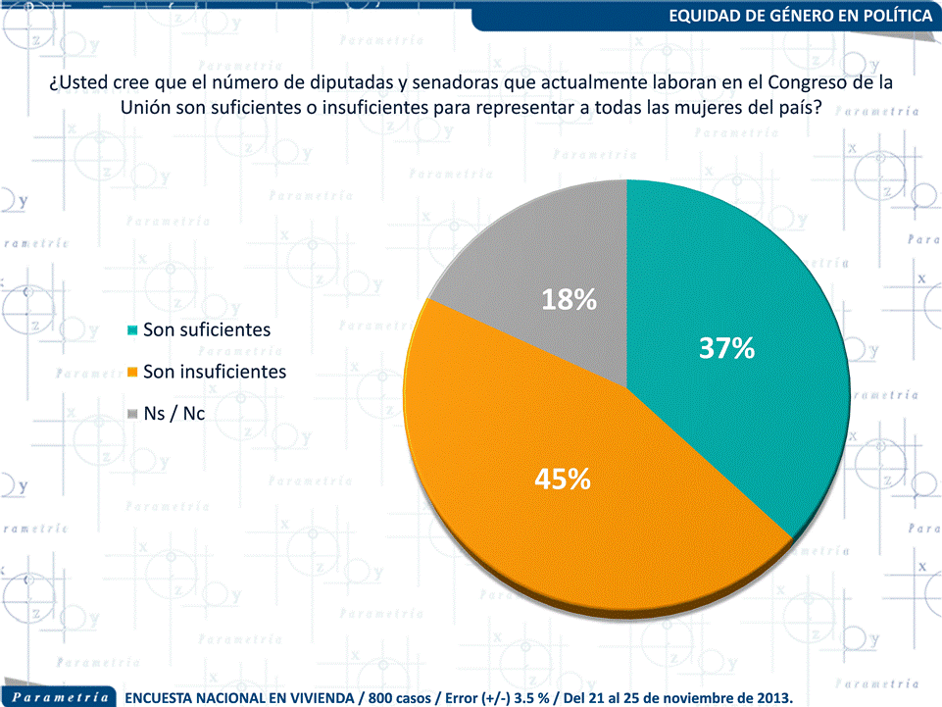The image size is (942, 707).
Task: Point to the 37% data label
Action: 726,348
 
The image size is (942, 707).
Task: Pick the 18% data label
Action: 570,300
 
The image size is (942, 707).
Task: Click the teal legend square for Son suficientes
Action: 132,330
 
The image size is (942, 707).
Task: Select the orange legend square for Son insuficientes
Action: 132,373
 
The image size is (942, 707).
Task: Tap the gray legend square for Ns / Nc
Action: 132,415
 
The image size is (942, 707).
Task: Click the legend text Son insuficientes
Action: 215,373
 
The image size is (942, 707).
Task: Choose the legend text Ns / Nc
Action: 174,415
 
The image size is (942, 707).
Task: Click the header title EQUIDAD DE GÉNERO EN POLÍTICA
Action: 801,16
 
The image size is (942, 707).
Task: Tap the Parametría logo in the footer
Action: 60,696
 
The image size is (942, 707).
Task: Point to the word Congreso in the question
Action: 787,83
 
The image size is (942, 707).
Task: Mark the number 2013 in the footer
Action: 769,697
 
